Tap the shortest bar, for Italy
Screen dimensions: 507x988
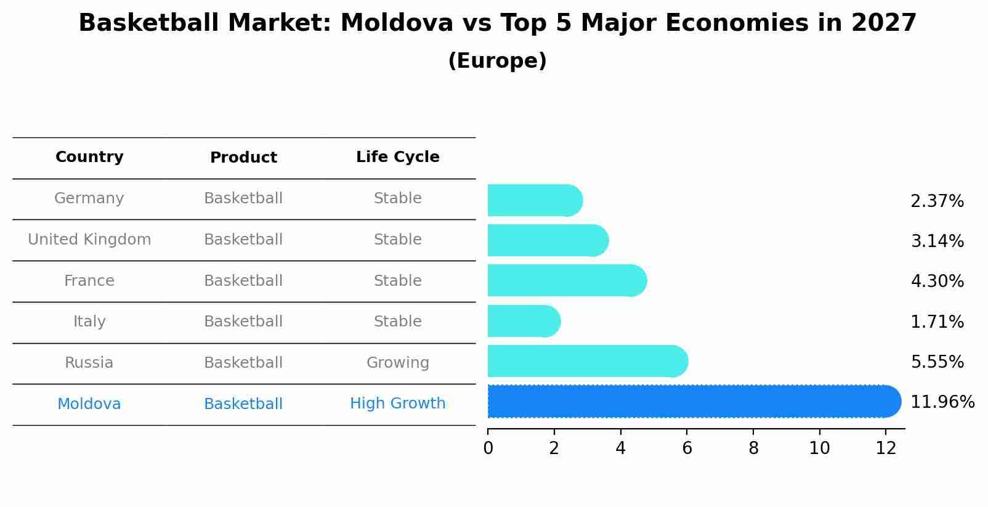[x=524, y=321]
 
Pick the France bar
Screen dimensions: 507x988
[x=567, y=281]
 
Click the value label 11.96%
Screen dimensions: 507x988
[x=942, y=402]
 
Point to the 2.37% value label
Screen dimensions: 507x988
[x=937, y=201]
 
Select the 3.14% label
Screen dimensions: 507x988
[x=937, y=241]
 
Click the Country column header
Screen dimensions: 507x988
[x=89, y=157]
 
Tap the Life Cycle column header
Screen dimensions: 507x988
[x=397, y=157]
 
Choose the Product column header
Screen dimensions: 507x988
[x=243, y=158]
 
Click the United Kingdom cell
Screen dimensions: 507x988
[x=89, y=240]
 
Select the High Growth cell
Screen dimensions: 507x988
[x=397, y=404]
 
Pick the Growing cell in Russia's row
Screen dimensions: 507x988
[x=397, y=363]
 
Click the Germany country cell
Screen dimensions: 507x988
[x=89, y=198]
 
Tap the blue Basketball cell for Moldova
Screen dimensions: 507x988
[x=243, y=404]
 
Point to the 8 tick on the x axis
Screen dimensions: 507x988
[x=753, y=448]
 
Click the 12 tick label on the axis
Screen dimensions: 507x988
[x=886, y=448]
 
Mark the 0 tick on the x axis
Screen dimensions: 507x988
[x=488, y=448]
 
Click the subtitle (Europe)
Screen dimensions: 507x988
[x=497, y=61]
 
